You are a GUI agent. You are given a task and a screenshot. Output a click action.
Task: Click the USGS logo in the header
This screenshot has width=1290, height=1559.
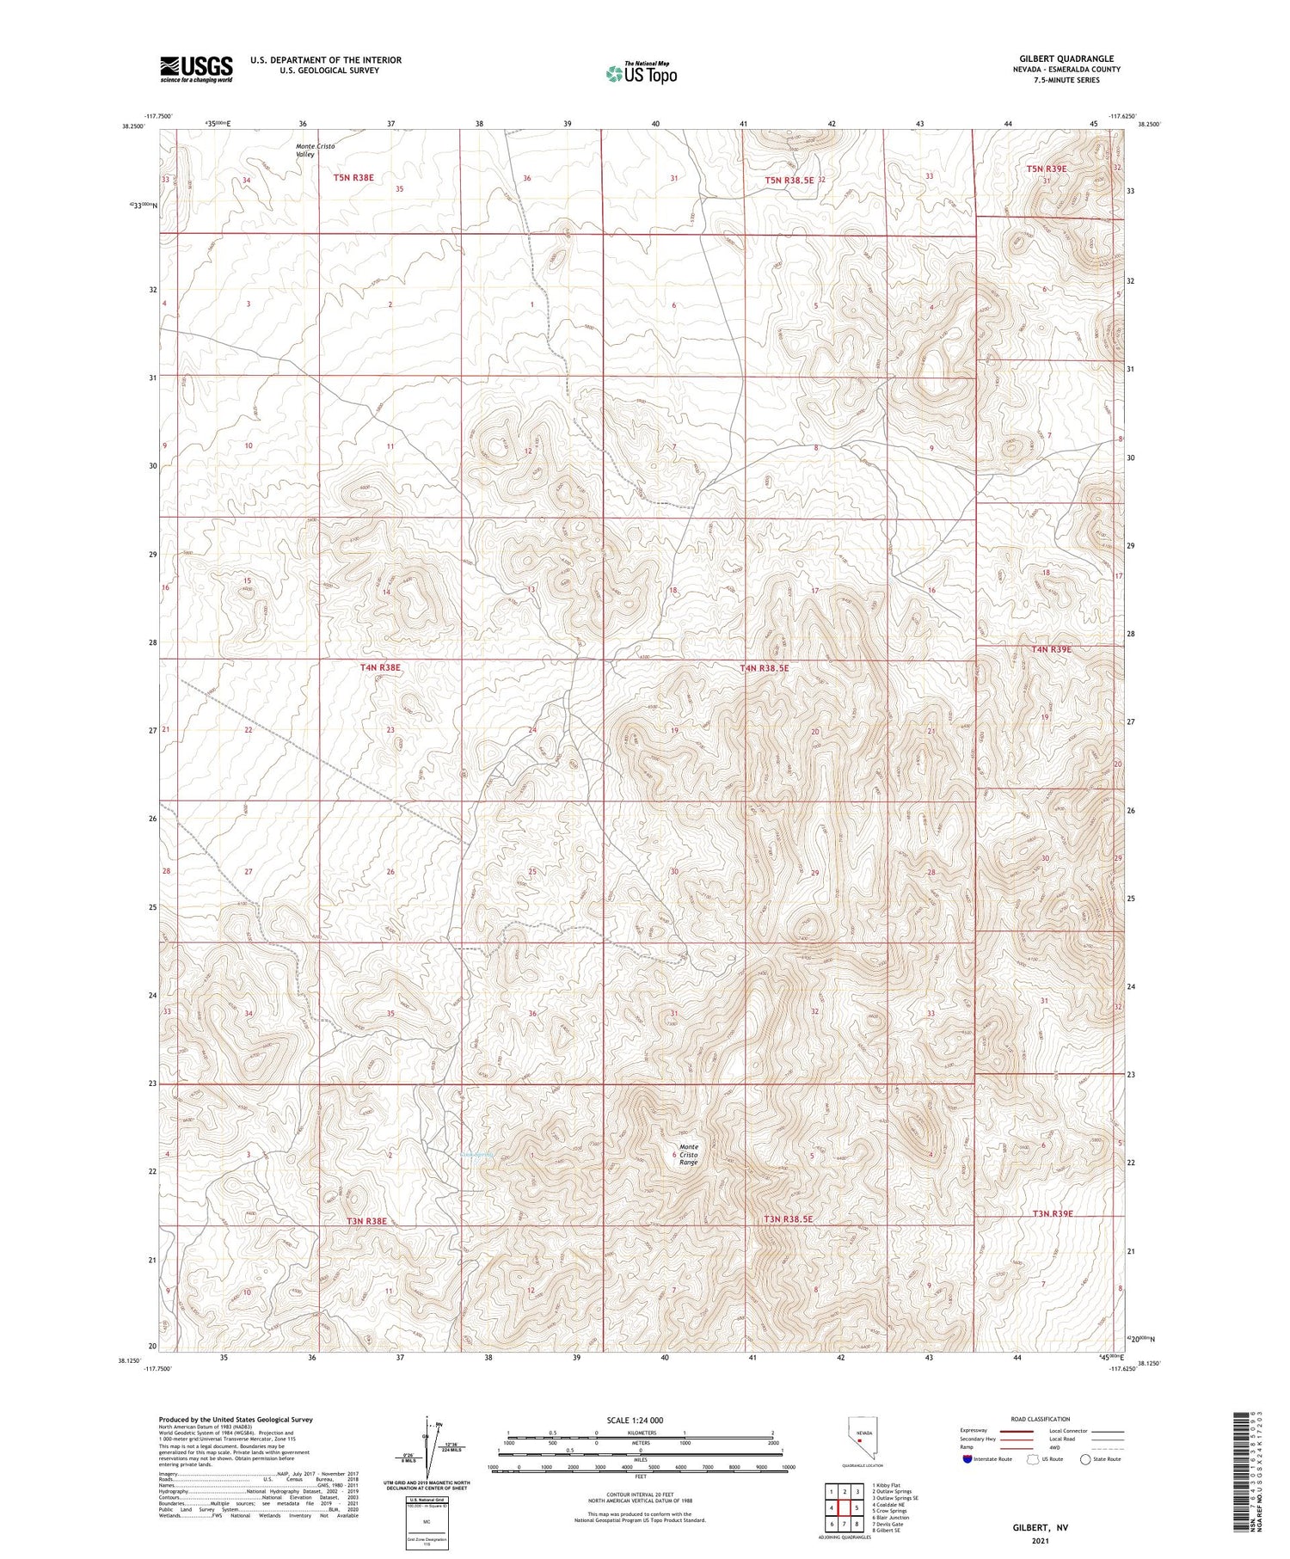(196, 69)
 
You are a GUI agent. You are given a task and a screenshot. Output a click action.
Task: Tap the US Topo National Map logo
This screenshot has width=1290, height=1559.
(641, 73)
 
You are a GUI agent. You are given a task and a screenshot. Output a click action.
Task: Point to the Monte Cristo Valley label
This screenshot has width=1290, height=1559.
(315, 150)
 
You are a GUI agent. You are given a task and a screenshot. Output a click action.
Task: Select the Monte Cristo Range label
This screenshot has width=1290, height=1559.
(689, 1154)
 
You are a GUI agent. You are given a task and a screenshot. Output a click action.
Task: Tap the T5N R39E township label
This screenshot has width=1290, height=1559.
(1046, 169)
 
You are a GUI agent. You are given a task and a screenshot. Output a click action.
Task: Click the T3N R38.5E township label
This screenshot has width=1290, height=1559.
(788, 1219)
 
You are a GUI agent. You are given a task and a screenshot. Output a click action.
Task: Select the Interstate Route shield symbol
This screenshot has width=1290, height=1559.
(968, 1459)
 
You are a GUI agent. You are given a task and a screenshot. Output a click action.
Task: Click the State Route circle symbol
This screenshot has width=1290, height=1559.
(1085, 1459)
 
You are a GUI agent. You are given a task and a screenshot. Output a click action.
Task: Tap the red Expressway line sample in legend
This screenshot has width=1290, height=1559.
(1015, 1431)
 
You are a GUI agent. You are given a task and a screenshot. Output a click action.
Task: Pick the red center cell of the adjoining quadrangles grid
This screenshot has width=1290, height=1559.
(845, 1507)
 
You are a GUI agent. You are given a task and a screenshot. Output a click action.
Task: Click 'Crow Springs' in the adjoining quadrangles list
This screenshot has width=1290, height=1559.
(890, 1511)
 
